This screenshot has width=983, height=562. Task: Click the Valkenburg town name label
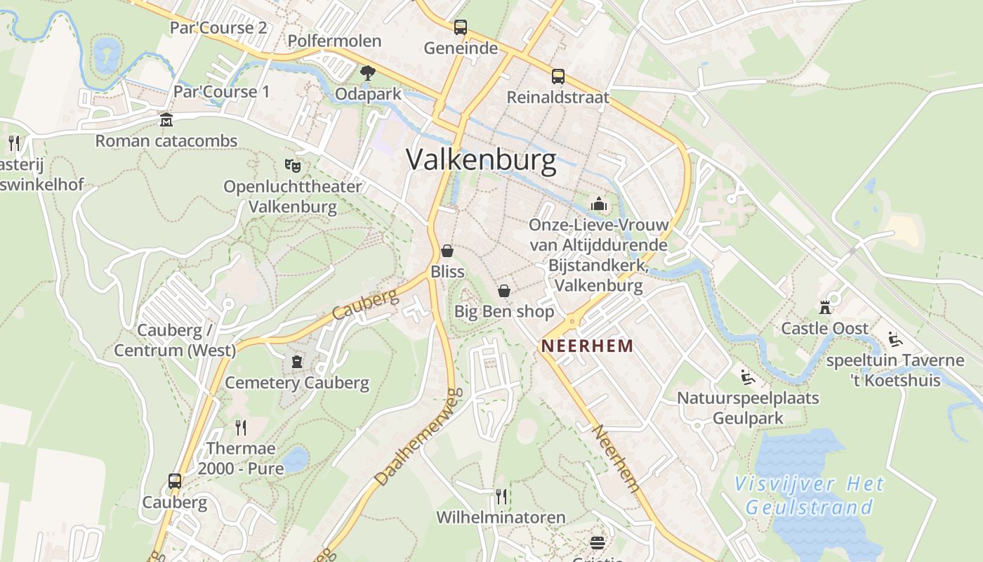tap(481, 160)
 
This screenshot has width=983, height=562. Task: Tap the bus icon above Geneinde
tap(461, 27)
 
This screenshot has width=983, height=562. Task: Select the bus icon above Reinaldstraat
tap(558, 77)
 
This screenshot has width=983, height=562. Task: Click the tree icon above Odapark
tap(367, 72)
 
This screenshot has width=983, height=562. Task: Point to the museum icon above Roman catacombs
tap(166, 120)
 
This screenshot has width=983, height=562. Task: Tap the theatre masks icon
tap(292, 166)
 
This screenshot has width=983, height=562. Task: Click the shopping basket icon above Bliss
tap(447, 251)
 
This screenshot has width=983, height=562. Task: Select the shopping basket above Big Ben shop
tap(504, 291)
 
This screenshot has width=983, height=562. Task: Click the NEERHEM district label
tap(587, 346)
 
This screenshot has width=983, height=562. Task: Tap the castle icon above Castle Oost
tap(825, 308)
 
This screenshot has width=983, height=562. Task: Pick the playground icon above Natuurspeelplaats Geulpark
tap(748, 378)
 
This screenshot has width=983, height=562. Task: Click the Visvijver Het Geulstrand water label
tap(809, 495)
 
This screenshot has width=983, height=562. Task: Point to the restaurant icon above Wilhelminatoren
tap(501, 497)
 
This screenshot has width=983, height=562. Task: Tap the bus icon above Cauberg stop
tap(175, 481)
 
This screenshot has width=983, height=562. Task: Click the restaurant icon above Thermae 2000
tap(241, 427)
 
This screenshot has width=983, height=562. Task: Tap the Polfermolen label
tap(334, 41)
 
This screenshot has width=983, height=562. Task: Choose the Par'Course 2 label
tap(218, 27)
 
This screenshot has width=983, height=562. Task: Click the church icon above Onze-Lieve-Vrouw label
tap(599, 204)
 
